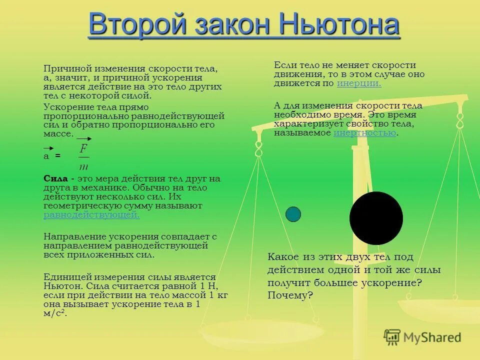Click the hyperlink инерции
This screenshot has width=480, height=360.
coord(359,83)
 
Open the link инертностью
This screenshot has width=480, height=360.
coord(364,132)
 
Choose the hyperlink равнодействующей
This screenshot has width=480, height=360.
coord(91,215)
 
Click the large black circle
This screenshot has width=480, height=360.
coord(376,218)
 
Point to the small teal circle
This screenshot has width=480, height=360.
coord(293,214)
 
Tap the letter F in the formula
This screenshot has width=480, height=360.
coord(83,148)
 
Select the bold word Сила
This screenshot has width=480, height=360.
coord(55,178)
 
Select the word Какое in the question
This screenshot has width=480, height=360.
coord(283,257)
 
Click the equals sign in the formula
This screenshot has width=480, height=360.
coord(57,156)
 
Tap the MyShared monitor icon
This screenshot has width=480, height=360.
coord(392,337)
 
